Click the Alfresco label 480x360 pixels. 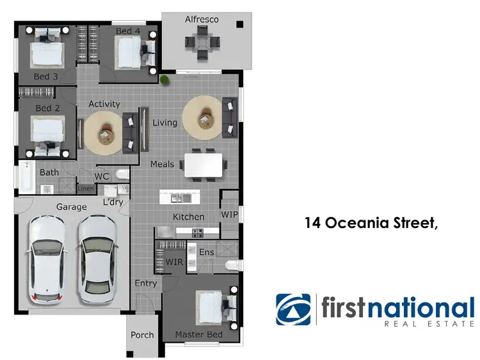click(202, 19)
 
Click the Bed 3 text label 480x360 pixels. click(46, 77)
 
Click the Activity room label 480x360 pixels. click(104, 104)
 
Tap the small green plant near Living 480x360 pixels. click(166, 80)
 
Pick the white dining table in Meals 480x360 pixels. click(204, 165)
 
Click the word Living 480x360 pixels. click(164, 122)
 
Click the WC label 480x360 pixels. click(102, 176)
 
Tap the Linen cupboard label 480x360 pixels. click(86, 189)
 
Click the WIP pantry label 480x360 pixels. click(229, 214)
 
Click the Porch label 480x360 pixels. click(142, 334)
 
